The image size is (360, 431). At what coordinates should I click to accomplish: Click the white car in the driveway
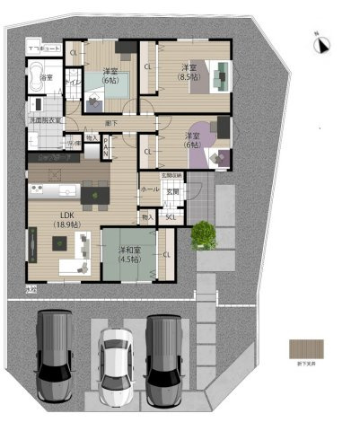[116, 365]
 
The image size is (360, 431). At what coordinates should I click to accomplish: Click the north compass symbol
[322, 41]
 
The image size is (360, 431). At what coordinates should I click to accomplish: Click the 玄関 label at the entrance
[172, 192]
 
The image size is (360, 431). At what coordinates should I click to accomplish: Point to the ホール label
[149, 190]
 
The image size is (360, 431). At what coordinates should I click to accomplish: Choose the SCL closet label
[170, 217]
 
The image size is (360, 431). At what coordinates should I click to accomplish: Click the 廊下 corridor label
[110, 122]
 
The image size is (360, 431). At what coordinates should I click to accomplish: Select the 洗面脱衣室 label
[45, 120]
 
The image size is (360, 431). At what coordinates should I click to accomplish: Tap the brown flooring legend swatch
[302, 348]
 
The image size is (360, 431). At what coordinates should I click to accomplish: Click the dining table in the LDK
[93, 193]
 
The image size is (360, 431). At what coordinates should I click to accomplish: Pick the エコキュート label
[43, 46]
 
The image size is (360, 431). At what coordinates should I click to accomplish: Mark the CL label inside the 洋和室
[168, 255]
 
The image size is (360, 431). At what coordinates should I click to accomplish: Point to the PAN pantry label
[106, 147]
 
